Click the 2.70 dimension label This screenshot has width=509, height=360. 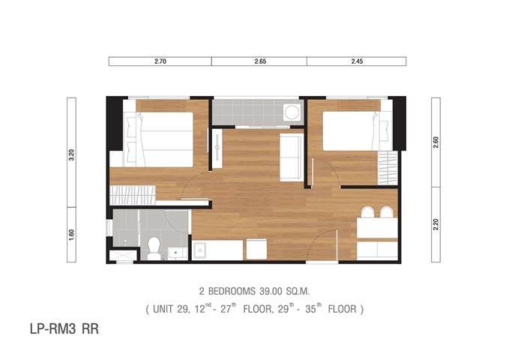pyautogui.click(x=160, y=61)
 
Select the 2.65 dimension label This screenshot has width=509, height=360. pyautogui.click(x=260, y=61)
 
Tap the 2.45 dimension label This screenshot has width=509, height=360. pyautogui.click(x=357, y=61)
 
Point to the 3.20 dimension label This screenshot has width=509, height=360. pyautogui.click(x=71, y=154)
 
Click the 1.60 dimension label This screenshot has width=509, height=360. pyautogui.click(x=71, y=235)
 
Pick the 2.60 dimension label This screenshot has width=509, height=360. pyautogui.click(x=436, y=142)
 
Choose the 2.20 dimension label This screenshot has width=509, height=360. pyautogui.click(x=436, y=224)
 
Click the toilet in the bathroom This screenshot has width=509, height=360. pyautogui.click(x=154, y=248)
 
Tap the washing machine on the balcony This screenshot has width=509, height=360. pyautogui.click(x=292, y=112)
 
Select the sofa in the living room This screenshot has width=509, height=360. pyautogui.click(x=292, y=157)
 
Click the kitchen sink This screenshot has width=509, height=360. pyautogui.click(x=200, y=250)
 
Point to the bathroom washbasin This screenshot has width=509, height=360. pyautogui.click(x=177, y=253)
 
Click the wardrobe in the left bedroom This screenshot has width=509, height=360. pyautogui.click(x=133, y=195)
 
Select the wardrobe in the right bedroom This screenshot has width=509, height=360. pyautogui.click(x=388, y=168)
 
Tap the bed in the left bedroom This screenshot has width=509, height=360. pyautogui.click(x=158, y=139)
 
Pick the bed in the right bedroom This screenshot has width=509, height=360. pyautogui.click(x=358, y=131)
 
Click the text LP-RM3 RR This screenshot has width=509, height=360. pyautogui.click(x=64, y=328)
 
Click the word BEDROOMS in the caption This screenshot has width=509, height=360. pyautogui.click(x=232, y=292)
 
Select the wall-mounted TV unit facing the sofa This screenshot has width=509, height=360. pyautogui.click(x=217, y=148)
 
